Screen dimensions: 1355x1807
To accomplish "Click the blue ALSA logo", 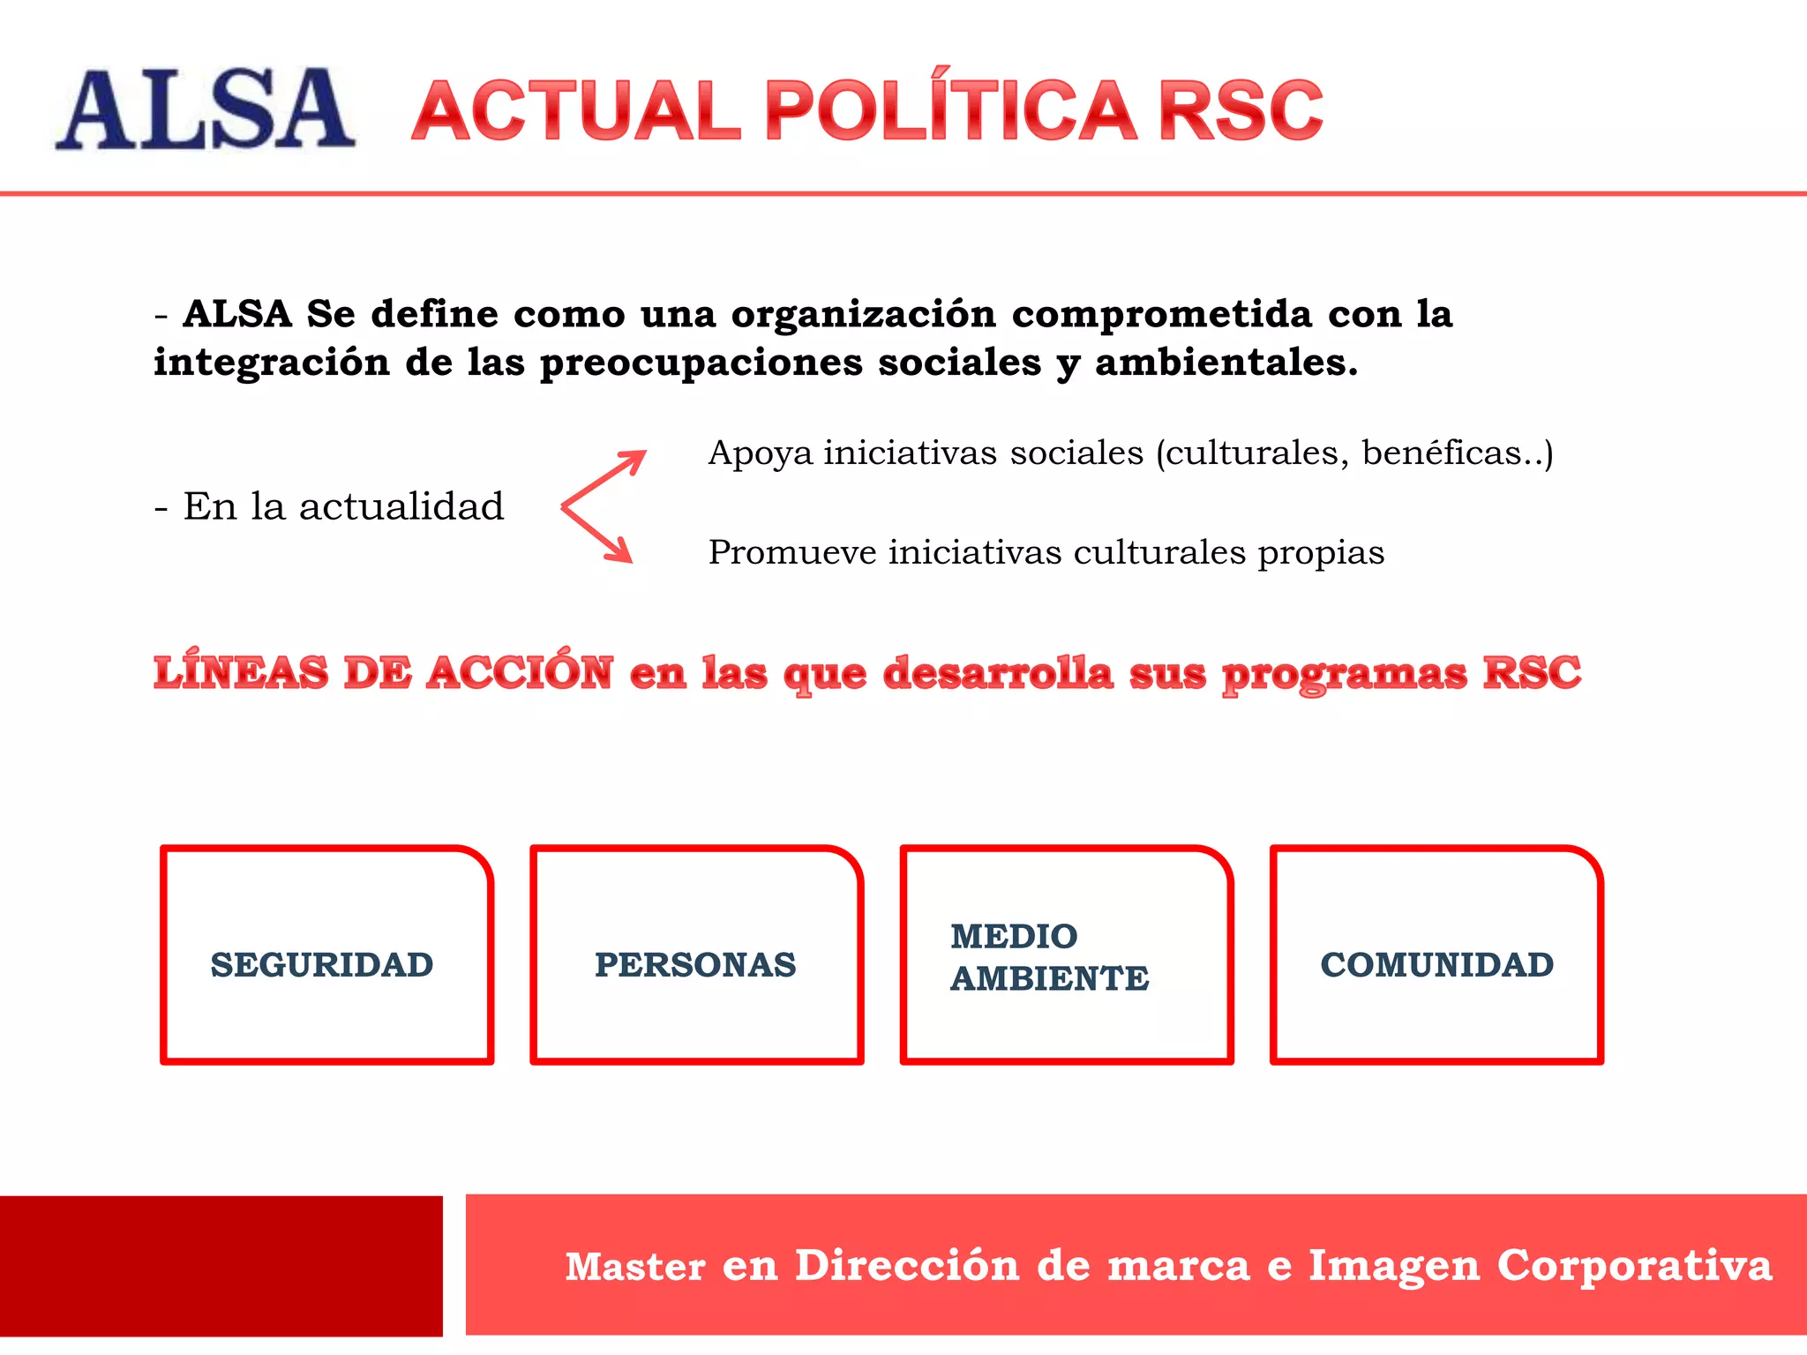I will tap(205, 109).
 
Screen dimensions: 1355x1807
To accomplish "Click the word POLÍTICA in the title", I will tap(950, 109).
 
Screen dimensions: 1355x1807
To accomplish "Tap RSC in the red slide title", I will tap(1240, 111).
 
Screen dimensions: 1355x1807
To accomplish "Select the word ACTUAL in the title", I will tap(576, 111).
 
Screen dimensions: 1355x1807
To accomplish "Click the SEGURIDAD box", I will tap(326, 955).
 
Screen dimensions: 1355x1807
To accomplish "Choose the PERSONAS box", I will tap(696, 955).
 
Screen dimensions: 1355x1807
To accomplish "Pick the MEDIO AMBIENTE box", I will tap(1066, 955).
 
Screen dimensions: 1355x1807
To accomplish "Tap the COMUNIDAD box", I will tap(1436, 955).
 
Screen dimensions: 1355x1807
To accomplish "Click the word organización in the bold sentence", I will tap(863, 314).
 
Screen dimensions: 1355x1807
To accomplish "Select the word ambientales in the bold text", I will tap(1226, 363).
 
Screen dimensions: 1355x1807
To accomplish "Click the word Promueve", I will tap(791, 553).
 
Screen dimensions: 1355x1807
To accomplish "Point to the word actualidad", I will tap(401, 507).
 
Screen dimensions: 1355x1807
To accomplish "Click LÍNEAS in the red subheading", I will tap(240, 673).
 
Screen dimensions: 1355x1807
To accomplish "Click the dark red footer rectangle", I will tap(221, 1266).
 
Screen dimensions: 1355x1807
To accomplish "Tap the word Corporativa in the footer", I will tap(1634, 1265).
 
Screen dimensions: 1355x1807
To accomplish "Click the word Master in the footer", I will tap(635, 1266).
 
